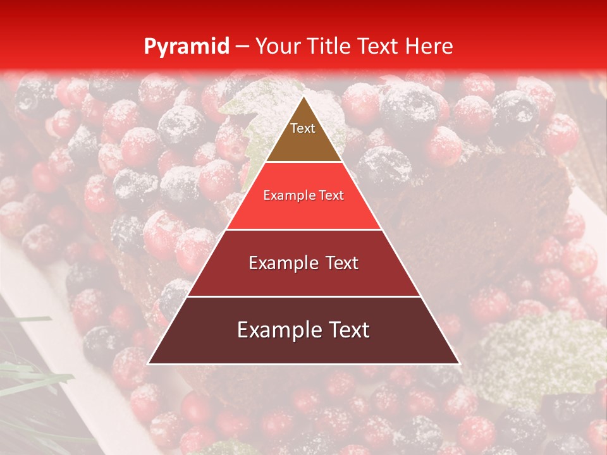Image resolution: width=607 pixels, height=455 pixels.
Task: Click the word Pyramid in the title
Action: click(x=186, y=46)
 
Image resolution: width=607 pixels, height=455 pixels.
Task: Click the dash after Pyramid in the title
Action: click(x=242, y=46)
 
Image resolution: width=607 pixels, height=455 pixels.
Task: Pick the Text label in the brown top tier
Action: click(x=303, y=128)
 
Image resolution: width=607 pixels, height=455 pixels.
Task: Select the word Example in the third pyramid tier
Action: click(x=282, y=263)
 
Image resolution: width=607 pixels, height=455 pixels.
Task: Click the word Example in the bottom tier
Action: click(x=279, y=330)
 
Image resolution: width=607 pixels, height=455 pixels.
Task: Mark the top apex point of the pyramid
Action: click(x=303, y=96)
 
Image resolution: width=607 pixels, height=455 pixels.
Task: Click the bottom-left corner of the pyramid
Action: click(x=148, y=364)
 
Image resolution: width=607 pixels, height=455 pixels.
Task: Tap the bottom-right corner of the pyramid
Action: click(x=460, y=364)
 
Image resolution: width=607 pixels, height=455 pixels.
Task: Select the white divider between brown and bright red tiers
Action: click(x=303, y=162)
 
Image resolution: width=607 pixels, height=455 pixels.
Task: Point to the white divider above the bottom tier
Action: click(x=303, y=296)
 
